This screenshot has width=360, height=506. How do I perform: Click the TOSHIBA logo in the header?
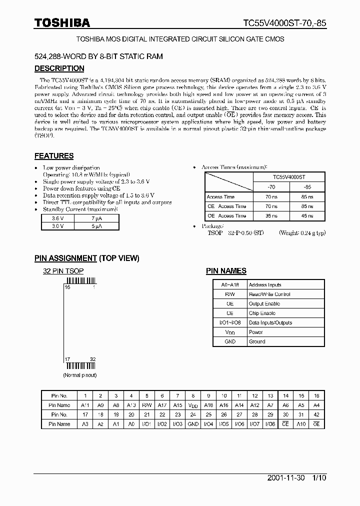coord(62,22)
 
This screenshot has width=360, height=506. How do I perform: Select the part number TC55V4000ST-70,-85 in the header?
coord(284,23)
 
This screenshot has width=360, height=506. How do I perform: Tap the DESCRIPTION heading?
coord(59,68)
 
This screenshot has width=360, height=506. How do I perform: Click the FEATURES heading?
coord(54,156)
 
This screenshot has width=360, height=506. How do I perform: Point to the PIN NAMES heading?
coord(226,271)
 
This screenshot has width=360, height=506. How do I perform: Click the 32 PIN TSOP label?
coord(63,271)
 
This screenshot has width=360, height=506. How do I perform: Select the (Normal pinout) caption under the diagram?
coord(79,375)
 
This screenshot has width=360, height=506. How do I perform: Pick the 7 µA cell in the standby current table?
coord(97,218)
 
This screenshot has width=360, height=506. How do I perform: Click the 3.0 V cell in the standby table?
coord(58,226)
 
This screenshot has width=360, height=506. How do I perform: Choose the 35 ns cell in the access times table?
coord(271,215)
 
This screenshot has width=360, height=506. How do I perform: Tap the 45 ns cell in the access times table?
coord(307,215)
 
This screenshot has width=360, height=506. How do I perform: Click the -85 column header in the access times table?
coord(307,187)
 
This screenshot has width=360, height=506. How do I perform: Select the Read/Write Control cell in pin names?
coord(269,294)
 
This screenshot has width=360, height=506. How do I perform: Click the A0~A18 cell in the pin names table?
coord(230,285)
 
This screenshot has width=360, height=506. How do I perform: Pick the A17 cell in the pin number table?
coord(162,405)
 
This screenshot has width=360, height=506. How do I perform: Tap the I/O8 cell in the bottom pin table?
coord(270,424)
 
